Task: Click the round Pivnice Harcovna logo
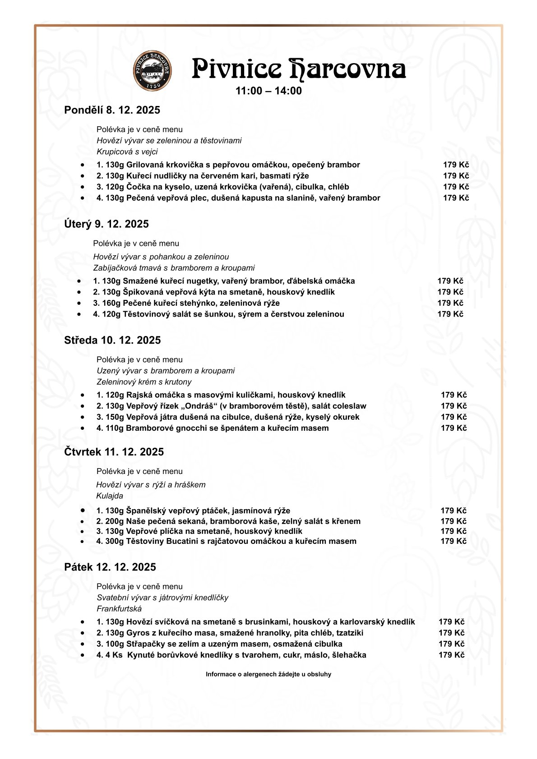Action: pos(153,69)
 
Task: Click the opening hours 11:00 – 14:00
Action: pos(268,91)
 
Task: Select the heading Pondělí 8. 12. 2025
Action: pos(112,110)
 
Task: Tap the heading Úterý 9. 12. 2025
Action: pos(106,224)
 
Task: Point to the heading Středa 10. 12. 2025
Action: pos(112,340)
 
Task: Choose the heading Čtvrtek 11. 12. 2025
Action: pos(114,452)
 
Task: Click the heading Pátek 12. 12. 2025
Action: pos(110,567)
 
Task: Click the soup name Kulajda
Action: pos(110,496)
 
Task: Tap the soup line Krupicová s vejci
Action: pos(127,152)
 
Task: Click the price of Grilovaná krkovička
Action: pos(456,165)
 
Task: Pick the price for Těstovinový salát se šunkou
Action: pos(450,314)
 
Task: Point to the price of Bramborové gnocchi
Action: pos(454,428)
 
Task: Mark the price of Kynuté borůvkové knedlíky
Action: pos(451,655)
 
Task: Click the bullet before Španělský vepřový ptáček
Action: pos(83,510)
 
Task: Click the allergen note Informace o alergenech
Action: pos(268,674)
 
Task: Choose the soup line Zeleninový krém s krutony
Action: pos(144,382)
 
